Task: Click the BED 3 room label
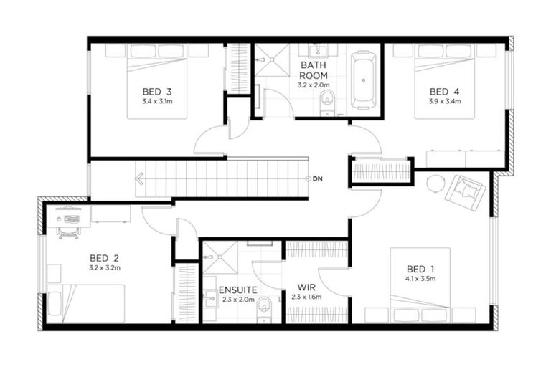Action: [156, 91]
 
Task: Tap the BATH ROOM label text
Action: [314, 69]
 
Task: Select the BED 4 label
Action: [444, 91]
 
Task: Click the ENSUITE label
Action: [237, 291]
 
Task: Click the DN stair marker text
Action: [318, 178]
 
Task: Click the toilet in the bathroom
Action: [328, 100]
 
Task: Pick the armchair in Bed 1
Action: [464, 191]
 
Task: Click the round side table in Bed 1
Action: [435, 183]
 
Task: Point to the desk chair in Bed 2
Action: [68, 228]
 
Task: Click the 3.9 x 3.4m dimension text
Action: [444, 102]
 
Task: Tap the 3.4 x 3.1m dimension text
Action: [156, 102]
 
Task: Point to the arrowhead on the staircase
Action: [140, 178]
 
